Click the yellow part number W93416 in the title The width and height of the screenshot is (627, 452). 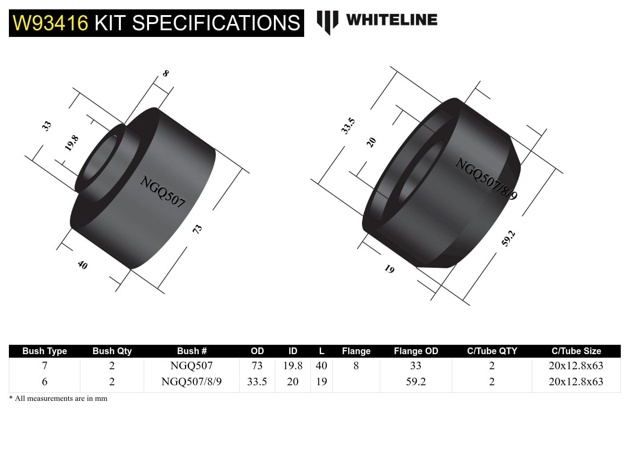pos(50,23)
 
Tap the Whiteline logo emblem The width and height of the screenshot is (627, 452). pos(327,21)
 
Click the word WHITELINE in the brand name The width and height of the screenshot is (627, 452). pos(391,20)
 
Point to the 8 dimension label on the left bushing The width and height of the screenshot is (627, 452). pos(165,73)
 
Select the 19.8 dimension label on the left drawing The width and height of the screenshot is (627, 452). pos(72,143)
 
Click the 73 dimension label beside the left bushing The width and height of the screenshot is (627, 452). pos(197,229)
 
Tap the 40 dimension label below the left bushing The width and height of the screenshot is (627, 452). pos(83,265)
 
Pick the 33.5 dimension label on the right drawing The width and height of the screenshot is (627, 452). pos(348,126)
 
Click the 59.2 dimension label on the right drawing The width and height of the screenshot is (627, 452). pos(508,238)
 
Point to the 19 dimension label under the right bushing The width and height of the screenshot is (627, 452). pos(390,269)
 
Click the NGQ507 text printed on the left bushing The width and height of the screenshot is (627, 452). pos(162,192)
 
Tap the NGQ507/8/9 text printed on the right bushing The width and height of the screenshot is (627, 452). pos(486,179)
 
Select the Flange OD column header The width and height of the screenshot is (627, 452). pos(416,351)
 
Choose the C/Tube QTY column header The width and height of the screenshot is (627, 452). pos(492,351)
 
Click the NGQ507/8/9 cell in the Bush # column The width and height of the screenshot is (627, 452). pos(191,382)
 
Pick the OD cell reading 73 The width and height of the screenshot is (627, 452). pos(257,366)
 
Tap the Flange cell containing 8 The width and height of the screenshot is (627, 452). pos(356,366)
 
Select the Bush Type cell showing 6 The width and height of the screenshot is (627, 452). pos(44,382)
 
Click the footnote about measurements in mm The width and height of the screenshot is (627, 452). pos(58,399)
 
